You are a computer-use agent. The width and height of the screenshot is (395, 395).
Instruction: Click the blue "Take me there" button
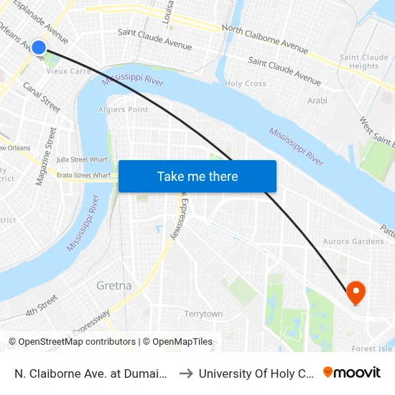(197, 176)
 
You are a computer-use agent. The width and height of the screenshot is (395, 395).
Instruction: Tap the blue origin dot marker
(39, 48)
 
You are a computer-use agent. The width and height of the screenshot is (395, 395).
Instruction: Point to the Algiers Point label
(123, 110)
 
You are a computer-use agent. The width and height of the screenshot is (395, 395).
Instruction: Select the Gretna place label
(113, 285)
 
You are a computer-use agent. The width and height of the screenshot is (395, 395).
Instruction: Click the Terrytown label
(203, 314)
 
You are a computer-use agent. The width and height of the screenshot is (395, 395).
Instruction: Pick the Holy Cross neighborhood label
(246, 84)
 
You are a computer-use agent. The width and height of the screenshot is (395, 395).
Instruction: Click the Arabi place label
(317, 101)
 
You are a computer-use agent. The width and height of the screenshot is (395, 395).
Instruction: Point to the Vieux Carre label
(68, 71)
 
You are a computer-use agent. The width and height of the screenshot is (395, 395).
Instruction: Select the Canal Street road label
(42, 97)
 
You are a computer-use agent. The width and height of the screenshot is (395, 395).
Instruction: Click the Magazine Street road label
(45, 157)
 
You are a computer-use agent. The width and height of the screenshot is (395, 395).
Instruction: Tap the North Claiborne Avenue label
(265, 39)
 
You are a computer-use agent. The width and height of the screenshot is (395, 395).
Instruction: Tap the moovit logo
(351, 373)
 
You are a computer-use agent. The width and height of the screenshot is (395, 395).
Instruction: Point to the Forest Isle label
(372, 349)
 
